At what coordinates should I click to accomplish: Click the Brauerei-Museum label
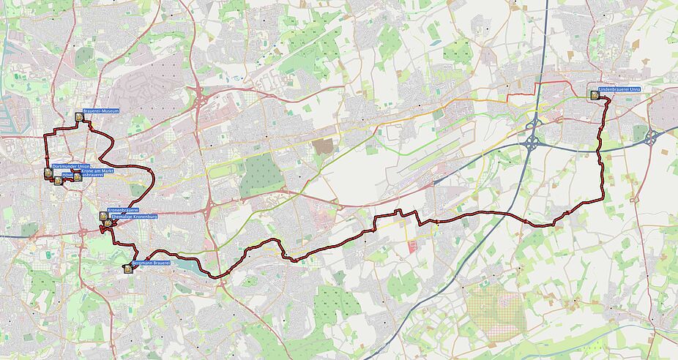[x=101, y=111]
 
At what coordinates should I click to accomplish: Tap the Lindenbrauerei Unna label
[x=619, y=89]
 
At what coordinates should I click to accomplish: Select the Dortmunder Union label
[x=70, y=168]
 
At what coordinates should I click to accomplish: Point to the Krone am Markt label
[x=97, y=170]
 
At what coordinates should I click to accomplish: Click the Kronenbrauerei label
[x=123, y=210]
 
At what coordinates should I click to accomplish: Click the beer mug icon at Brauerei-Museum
[x=78, y=116]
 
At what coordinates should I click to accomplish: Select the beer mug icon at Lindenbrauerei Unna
[x=593, y=94]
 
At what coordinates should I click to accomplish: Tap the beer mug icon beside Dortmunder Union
[x=48, y=173]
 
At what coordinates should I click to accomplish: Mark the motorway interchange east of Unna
[x=650, y=136]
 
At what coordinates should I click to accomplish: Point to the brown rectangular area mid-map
[x=323, y=146]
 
